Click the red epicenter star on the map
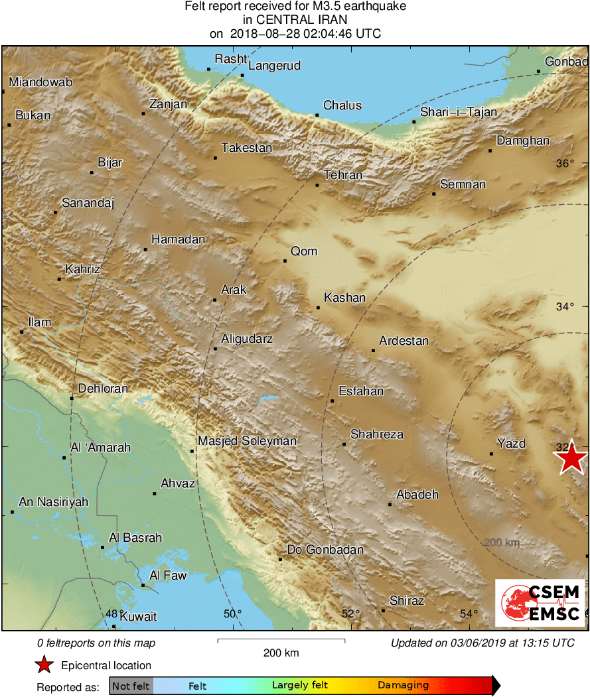pyautogui.click(x=571, y=458)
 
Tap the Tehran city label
pyautogui.click(x=343, y=175)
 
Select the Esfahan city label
pyautogui.click(x=361, y=391)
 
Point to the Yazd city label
pyautogui.click(x=511, y=444)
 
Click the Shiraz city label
pyautogui.click(x=406, y=601)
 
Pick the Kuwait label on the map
pyautogui.click(x=138, y=617)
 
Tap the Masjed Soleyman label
pyautogui.click(x=247, y=441)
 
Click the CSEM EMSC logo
pyautogui.click(x=540, y=603)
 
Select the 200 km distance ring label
pyautogui.click(x=501, y=543)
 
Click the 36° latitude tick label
pyautogui.click(x=565, y=164)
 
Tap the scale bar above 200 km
pyautogui.click(x=281, y=640)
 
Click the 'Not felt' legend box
pyautogui.click(x=131, y=686)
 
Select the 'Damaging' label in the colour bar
pyautogui.click(x=404, y=686)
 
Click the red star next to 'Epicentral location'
pyautogui.click(x=44, y=665)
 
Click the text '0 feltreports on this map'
pyautogui.click(x=96, y=643)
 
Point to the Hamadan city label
pyautogui.click(x=178, y=239)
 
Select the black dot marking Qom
pyautogui.click(x=285, y=261)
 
